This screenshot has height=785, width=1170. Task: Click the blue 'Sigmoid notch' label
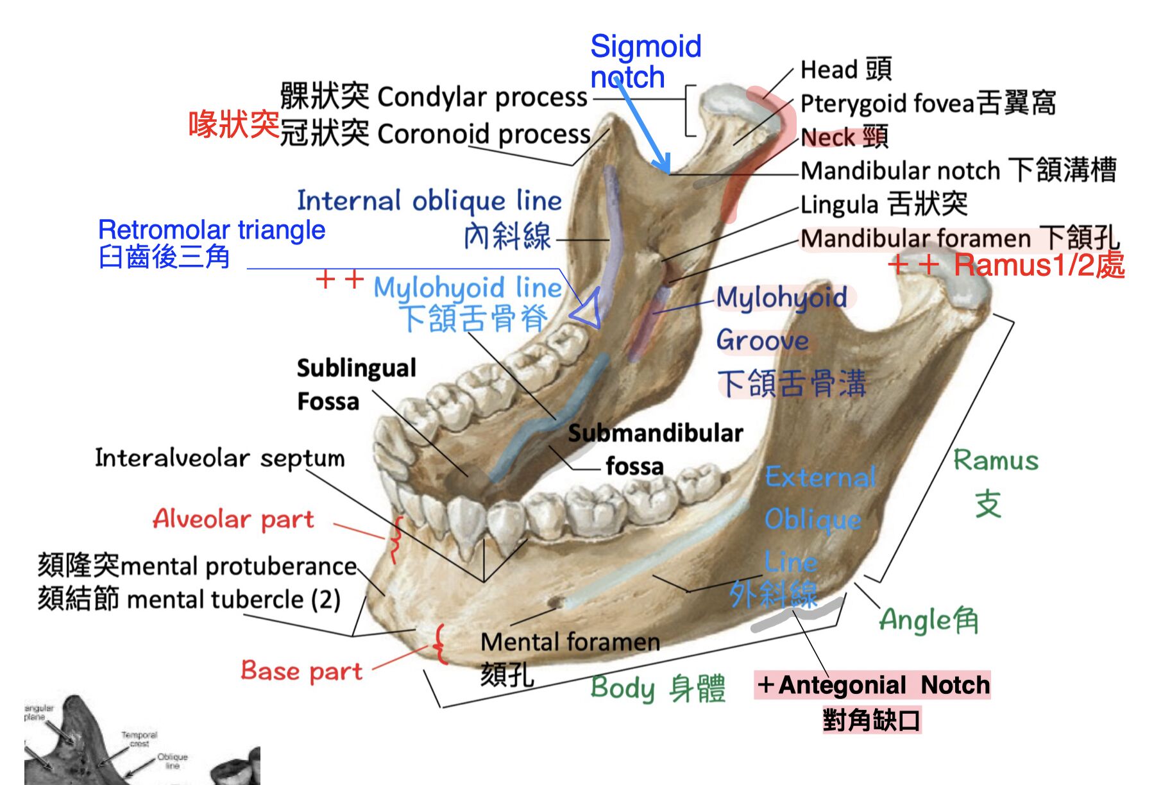pyautogui.click(x=645, y=62)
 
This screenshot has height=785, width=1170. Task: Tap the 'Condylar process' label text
pyautogui.click(x=481, y=97)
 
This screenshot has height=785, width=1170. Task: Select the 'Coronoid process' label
pyautogui.click(x=483, y=134)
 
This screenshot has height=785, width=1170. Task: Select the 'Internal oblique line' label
pyautogui.click(x=429, y=201)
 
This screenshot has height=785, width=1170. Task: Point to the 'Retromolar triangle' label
pyautogui.click(x=212, y=230)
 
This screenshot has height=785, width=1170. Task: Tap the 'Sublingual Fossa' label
pyautogui.click(x=355, y=384)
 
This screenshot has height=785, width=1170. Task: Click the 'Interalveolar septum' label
pyautogui.click(x=219, y=458)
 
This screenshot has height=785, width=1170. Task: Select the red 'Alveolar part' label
pyautogui.click(x=233, y=519)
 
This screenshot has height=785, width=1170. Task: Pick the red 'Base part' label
pyautogui.click(x=301, y=671)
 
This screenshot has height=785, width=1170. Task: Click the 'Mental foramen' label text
pyautogui.click(x=570, y=642)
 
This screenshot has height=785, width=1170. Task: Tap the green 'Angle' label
pyautogui.click(x=928, y=620)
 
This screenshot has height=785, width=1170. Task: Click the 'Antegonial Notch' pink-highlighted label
pyautogui.click(x=872, y=685)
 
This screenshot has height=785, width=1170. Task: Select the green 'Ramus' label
pyautogui.click(x=995, y=460)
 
